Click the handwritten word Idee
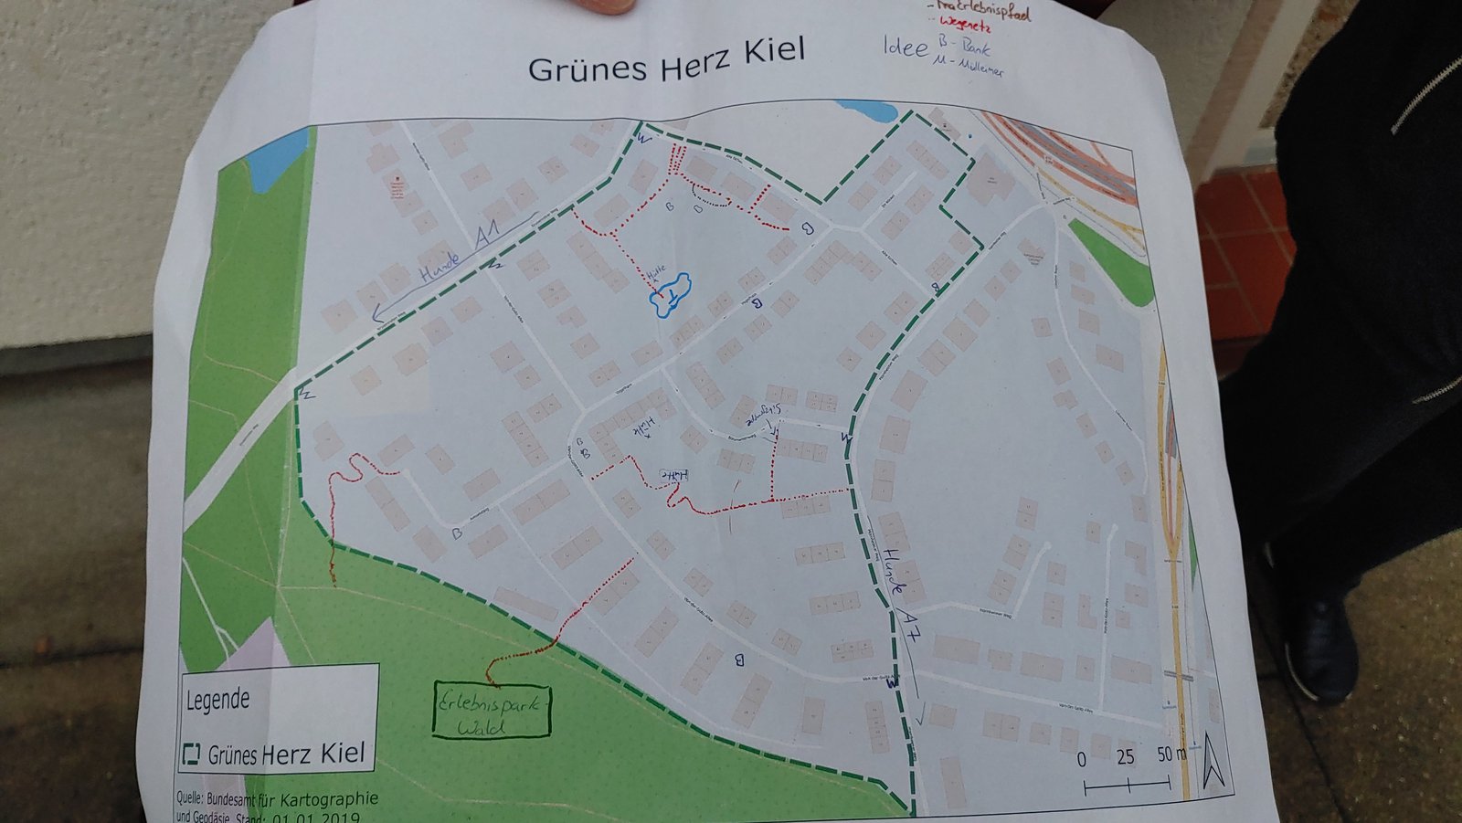[905, 47]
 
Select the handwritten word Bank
[972, 47]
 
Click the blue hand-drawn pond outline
[670, 294]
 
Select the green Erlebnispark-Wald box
[492, 710]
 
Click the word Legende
[217, 701]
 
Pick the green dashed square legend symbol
[191, 754]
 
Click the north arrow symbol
[1213, 760]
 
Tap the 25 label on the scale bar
[1125, 757]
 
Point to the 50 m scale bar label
[1171, 754]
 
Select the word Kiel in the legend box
[342, 753]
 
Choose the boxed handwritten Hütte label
[674, 474]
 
